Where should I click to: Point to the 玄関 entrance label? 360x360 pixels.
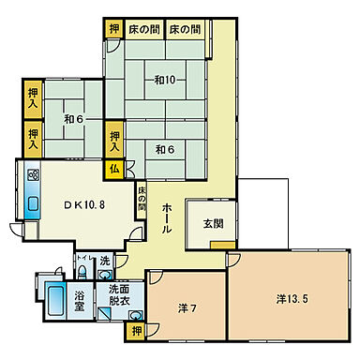coord(214,225)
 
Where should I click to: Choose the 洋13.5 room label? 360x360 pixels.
coord(292,300)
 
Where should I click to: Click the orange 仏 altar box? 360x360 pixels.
coord(112,169)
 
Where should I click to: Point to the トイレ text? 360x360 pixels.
coord(82,258)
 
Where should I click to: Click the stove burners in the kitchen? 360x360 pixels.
coord(33,175)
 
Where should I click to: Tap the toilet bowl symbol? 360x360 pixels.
coord(82,273)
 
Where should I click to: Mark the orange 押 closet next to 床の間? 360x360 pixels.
coord(113,29)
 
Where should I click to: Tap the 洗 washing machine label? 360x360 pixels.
coord(105,261)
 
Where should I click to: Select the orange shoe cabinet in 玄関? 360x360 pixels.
coord(222,246)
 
